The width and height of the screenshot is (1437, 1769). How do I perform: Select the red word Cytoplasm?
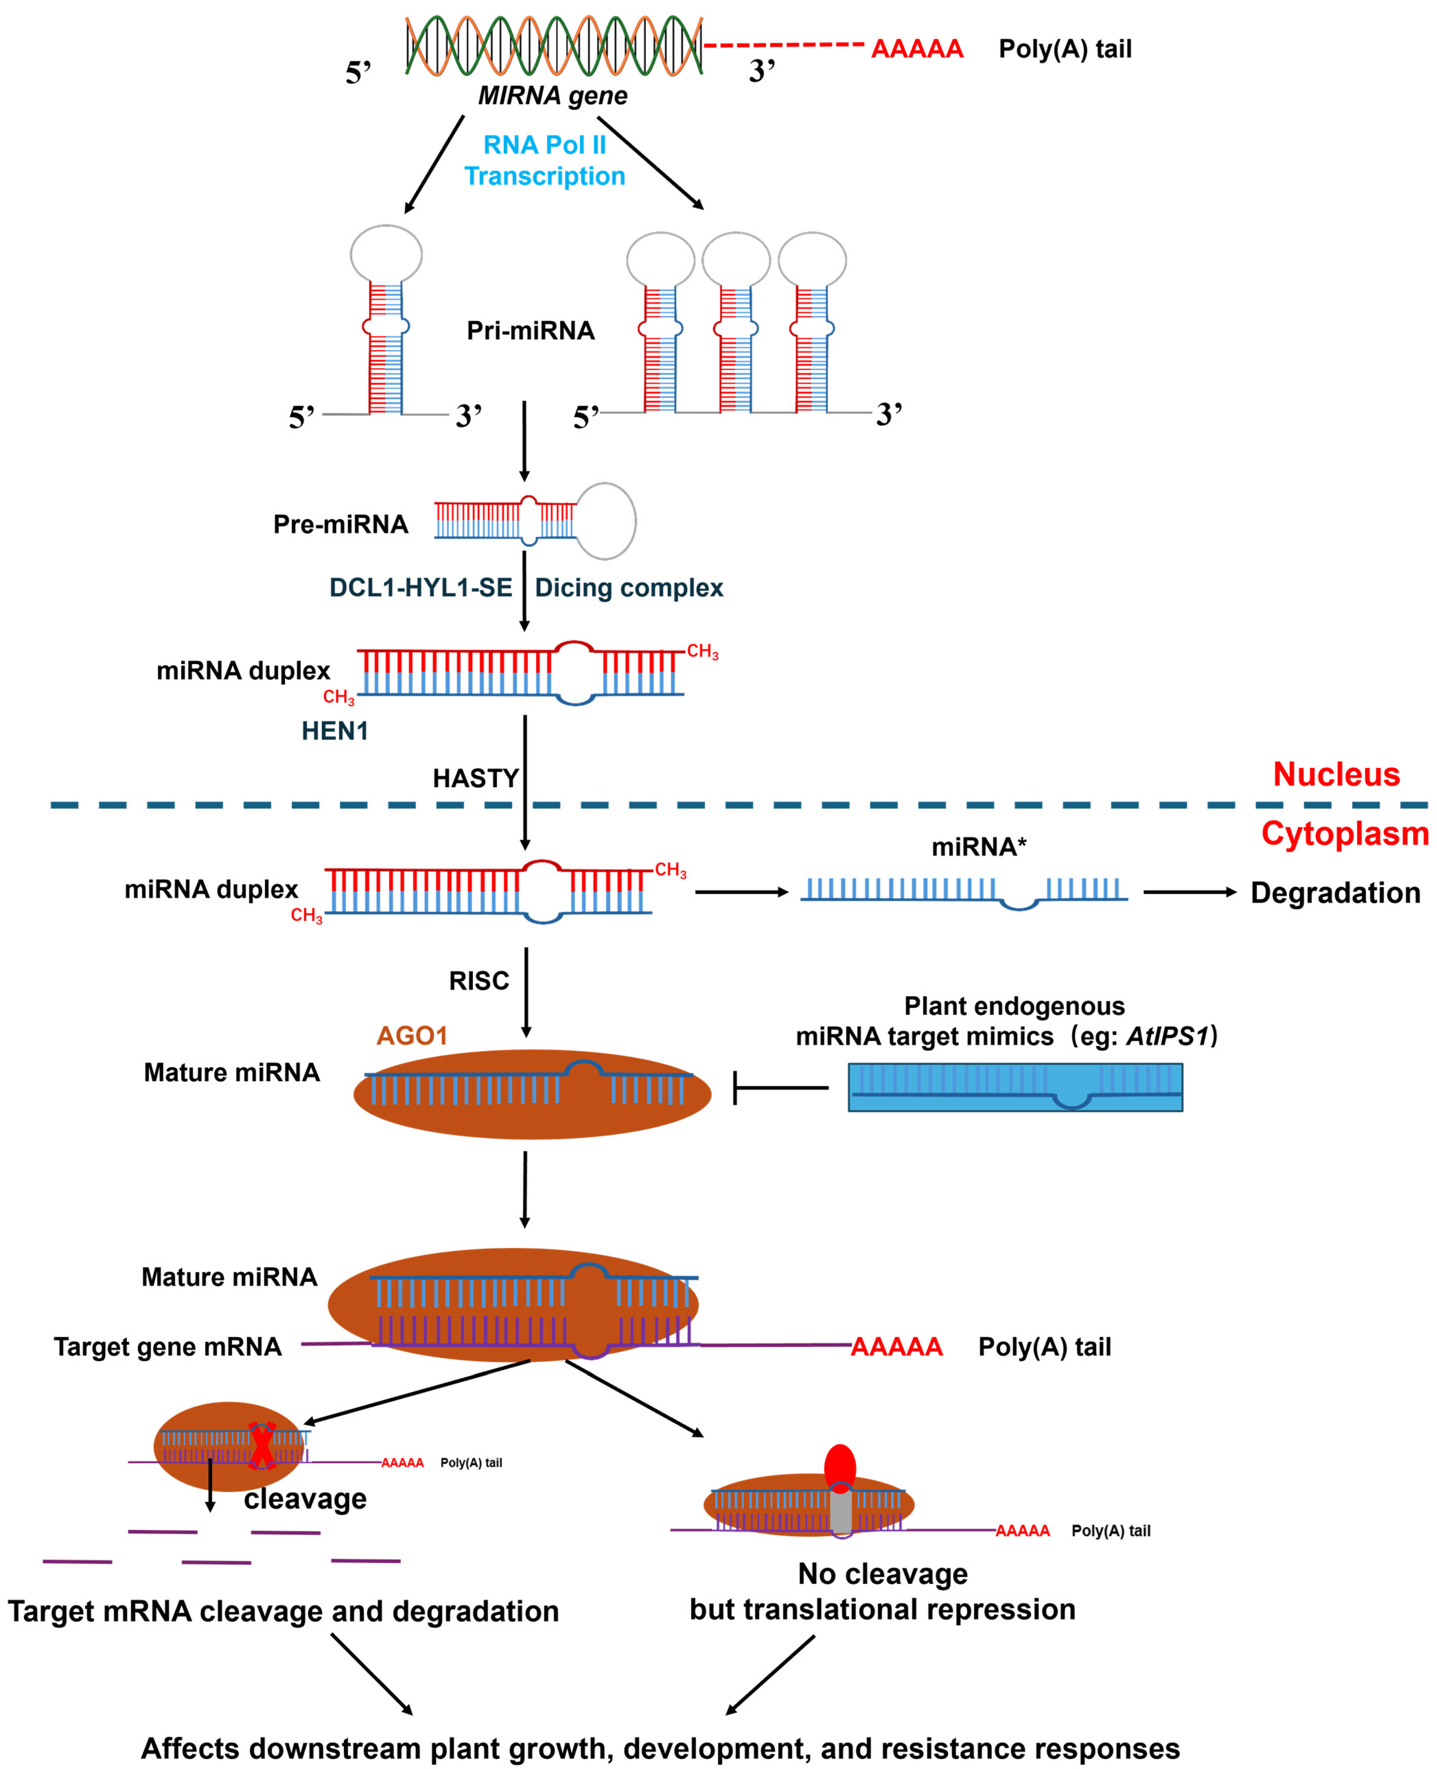(x=1344, y=833)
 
